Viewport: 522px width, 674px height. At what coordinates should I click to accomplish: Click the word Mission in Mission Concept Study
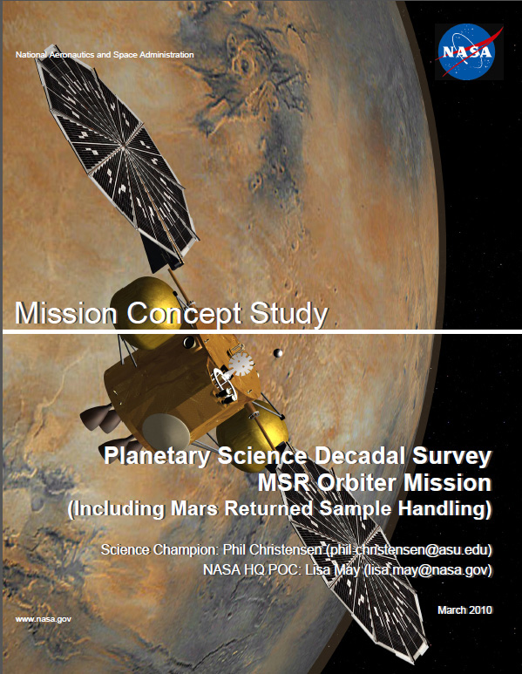[65, 313]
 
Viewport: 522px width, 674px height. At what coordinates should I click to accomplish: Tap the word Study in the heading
[288, 314]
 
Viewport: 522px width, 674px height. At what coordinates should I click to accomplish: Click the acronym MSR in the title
[284, 482]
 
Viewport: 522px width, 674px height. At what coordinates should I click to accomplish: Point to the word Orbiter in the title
[357, 482]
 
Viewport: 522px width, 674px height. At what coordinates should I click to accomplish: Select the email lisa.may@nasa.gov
[428, 570]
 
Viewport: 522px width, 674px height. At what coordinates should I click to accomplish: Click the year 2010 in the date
[480, 610]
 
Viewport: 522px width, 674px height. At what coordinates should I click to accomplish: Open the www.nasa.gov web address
[44, 619]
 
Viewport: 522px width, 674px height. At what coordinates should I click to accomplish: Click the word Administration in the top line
[166, 55]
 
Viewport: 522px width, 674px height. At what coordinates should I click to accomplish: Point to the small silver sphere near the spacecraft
[278, 353]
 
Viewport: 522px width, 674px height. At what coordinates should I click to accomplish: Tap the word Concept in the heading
[184, 314]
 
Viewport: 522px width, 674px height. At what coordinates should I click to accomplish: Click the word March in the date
[451, 610]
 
